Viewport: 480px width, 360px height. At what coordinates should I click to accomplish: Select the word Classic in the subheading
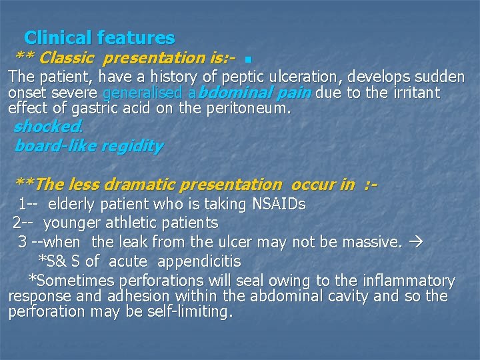tap(69, 58)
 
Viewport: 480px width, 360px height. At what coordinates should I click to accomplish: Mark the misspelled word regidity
tap(129, 146)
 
